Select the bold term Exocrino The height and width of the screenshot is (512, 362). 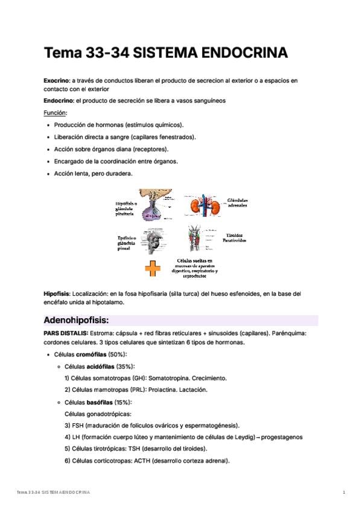[x=57, y=80]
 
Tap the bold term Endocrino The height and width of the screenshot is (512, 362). [x=57, y=100]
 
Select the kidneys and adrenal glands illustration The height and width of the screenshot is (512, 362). [x=203, y=206]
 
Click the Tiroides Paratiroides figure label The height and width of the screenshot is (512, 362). [x=237, y=237]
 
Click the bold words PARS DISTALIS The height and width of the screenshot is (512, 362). [x=66, y=333]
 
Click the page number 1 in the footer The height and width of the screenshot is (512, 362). [x=343, y=493]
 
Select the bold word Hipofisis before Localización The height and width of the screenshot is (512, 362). [x=57, y=293]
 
